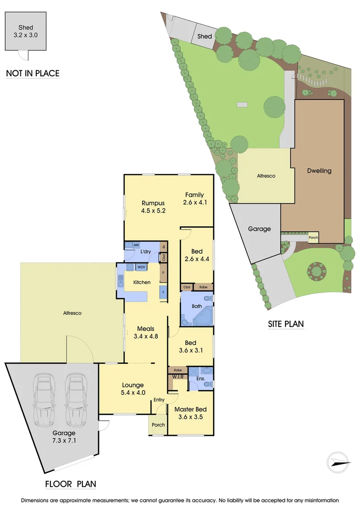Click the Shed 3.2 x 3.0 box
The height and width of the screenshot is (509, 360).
(25, 31)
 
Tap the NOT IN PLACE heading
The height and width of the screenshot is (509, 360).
(33, 73)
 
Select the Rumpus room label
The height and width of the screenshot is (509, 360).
(154, 203)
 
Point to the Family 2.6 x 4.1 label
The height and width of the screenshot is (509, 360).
(195, 198)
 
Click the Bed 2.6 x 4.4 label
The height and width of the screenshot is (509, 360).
(196, 255)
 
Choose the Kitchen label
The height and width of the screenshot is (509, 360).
(142, 282)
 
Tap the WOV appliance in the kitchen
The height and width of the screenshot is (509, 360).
(141, 267)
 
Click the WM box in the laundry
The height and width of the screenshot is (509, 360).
(136, 245)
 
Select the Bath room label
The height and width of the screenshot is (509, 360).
(196, 306)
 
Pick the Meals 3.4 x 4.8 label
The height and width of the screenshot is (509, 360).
(146, 332)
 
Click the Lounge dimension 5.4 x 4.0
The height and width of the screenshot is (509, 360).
(132, 392)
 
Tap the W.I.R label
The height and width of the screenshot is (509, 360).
(177, 377)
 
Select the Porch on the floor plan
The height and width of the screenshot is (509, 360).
(158, 425)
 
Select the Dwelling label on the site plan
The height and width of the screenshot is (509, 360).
(319, 171)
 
